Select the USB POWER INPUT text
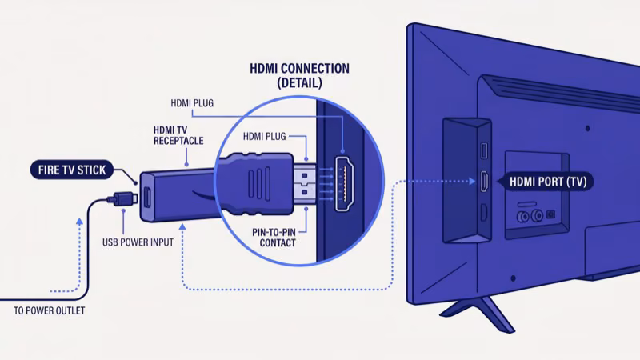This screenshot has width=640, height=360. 138,242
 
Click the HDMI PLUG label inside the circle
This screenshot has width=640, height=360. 264,136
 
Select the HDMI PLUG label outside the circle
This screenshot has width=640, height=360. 192,102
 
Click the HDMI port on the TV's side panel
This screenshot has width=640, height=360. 484,182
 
